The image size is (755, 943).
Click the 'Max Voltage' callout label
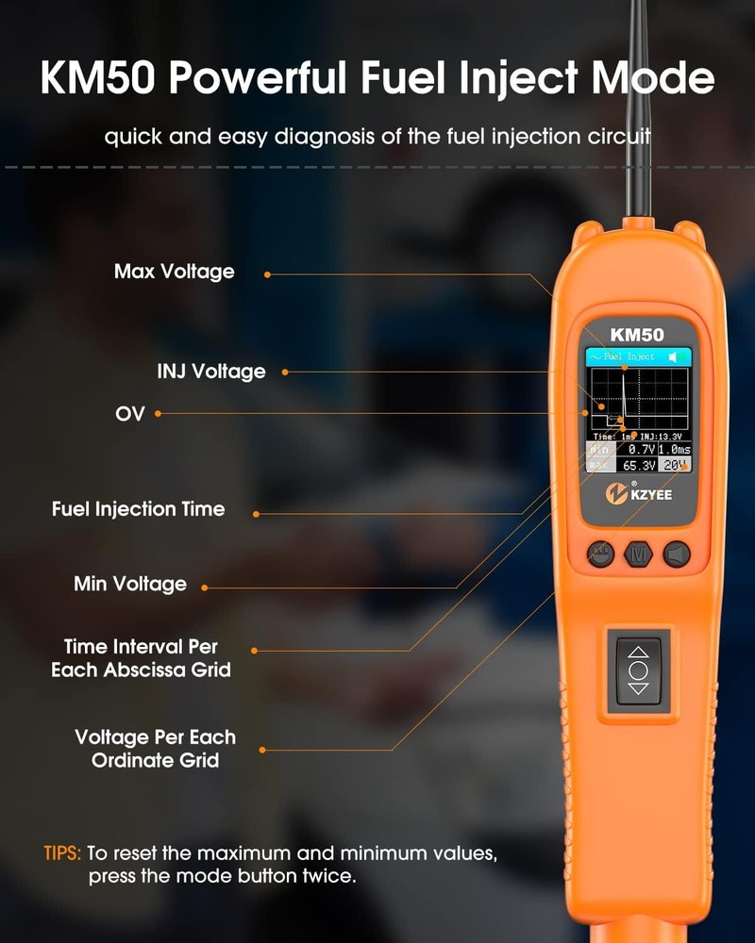coord(174,272)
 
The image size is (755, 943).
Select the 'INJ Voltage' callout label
coord(211,372)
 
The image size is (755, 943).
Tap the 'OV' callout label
coord(130,413)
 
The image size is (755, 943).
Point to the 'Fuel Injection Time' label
coord(138,509)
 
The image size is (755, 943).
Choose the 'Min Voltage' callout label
coord(130,584)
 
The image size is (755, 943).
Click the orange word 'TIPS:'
coord(63,853)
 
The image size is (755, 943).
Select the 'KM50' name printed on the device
coord(637,334)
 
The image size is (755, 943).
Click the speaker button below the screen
coord(676,554)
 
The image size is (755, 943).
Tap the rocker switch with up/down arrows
coord(638,670)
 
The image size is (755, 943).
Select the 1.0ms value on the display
coord(674,450)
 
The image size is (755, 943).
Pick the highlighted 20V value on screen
coord(674,465)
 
